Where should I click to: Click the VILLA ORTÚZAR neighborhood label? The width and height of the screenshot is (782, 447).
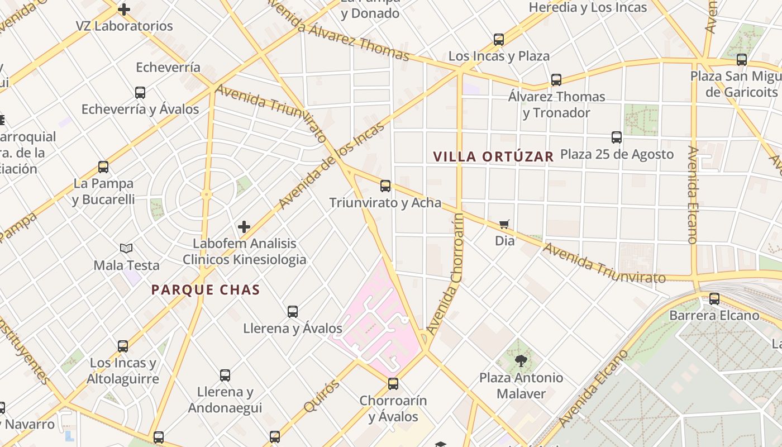[x=493, y=156]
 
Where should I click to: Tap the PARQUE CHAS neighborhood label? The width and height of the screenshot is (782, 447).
[x=206, y=289]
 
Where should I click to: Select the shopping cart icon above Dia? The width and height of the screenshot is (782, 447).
[x=504, y=224]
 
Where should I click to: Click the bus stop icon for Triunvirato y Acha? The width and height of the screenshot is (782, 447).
[x=385, y=186]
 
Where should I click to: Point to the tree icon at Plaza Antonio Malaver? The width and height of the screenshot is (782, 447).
[x=521, y=360]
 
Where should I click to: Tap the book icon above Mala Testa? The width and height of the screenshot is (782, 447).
[x=127, y=248]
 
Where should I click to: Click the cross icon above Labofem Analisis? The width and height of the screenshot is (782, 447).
[x=244, y=227]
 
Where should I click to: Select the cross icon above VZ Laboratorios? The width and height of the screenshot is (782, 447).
[x=124, y=9]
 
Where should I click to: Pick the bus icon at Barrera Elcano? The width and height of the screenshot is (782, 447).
[x=714, y=299]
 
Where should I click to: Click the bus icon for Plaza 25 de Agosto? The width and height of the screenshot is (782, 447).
[x=617, y=137]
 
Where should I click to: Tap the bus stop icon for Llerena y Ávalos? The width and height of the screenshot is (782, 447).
[x=293, y=312]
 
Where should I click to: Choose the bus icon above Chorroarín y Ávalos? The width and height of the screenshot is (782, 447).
[x=393, y=384]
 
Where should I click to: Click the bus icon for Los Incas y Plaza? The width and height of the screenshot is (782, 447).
[x=499, y=40]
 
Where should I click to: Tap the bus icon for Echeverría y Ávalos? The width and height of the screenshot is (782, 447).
[x=140, y=93]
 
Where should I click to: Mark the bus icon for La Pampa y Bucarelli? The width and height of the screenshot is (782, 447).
[x=103, y=167]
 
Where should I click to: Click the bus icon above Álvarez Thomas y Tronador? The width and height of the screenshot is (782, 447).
[x=556, y=80]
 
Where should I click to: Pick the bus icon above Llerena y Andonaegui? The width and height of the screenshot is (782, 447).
[x=225, y=375]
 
